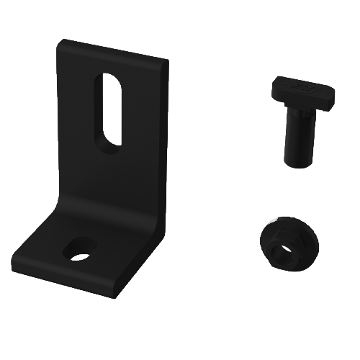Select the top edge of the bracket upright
click(x=115, y=53)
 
